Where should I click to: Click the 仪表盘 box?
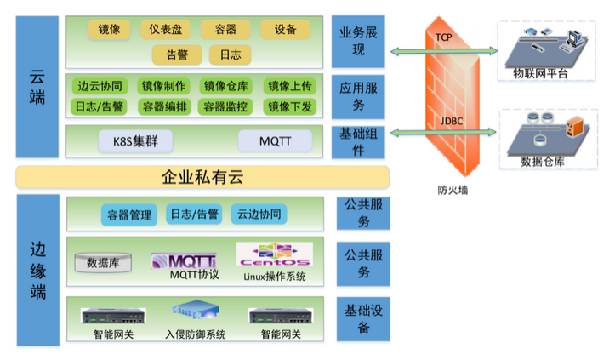click(165, 30)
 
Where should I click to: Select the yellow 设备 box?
click(285, 30)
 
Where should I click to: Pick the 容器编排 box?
click(165, 106)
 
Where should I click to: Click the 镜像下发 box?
click(289, 106)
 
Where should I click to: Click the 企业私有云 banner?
click(202, 176)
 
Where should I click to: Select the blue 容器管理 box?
click(129, 214)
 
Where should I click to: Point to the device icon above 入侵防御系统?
click(195, 312)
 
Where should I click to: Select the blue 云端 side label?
click(37, 86)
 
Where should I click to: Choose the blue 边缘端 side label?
click(37, 270)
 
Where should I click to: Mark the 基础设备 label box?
click(363, 317)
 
